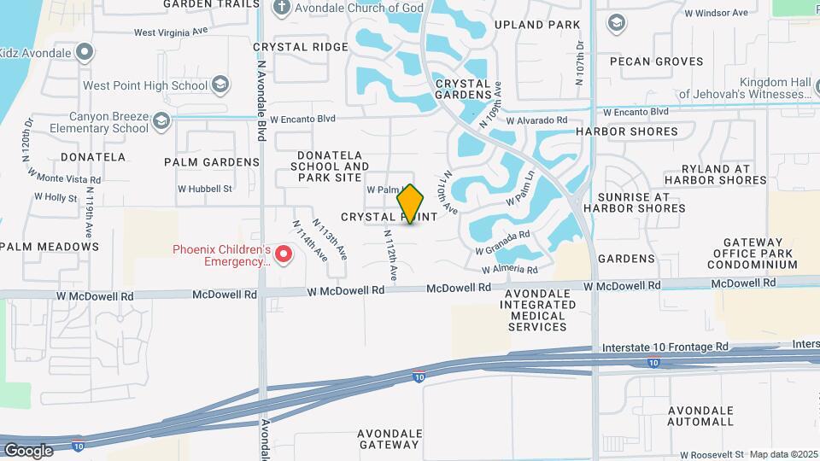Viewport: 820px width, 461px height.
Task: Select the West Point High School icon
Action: [221, 85]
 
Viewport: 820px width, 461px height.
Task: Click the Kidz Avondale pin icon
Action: [84, 53]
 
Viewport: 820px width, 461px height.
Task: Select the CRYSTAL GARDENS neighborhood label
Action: [463, 90]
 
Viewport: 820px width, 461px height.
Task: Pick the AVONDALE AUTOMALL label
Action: [700, 416]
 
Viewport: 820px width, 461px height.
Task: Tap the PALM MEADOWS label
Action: [50, 247]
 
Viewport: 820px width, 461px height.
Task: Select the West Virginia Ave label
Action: [171, 32]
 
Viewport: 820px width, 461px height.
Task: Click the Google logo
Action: [28, 450]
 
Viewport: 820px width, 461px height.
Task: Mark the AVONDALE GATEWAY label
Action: [389, 439]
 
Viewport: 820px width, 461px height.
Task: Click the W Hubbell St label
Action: [205, 189]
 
